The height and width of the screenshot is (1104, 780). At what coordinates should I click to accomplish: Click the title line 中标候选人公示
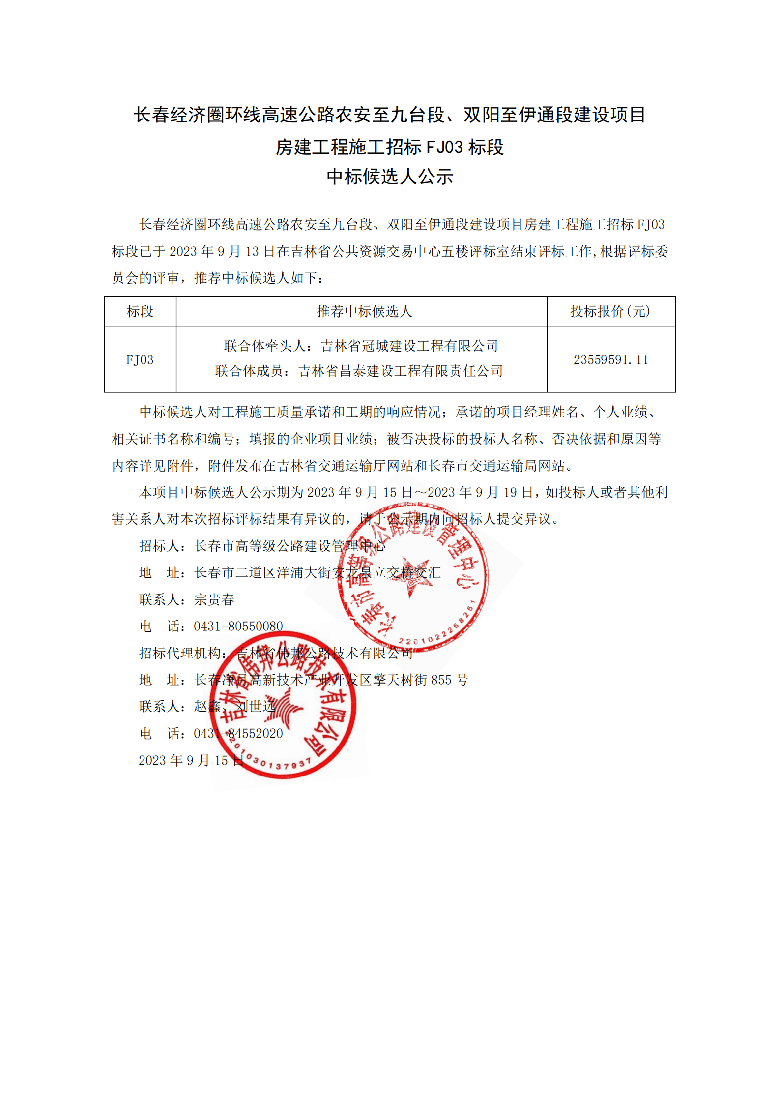(390, 177)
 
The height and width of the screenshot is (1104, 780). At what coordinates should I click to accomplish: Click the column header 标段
(140, 311)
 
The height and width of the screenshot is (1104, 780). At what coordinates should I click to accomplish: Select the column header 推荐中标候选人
(364, 311)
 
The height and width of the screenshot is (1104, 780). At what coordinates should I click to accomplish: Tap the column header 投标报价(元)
(610, 311)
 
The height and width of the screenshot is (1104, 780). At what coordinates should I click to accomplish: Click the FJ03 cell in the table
(140, 359)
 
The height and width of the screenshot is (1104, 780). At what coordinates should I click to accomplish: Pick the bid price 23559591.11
(611, 359)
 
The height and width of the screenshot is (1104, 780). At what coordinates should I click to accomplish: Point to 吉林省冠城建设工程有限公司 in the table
(409, 346)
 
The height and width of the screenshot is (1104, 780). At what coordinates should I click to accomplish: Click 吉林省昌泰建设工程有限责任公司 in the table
(401, 371)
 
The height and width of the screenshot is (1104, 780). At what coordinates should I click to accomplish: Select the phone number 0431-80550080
(238, 626)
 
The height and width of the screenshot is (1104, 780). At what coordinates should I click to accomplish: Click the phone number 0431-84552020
(238, 733)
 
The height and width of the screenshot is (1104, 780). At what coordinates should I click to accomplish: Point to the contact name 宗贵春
(214, 599)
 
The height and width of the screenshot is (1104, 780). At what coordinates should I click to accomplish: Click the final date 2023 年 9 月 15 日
(191, 760)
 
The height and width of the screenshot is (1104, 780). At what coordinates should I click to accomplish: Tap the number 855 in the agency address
(441, 680)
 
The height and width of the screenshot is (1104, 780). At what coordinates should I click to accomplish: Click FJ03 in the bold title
(444, 147)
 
